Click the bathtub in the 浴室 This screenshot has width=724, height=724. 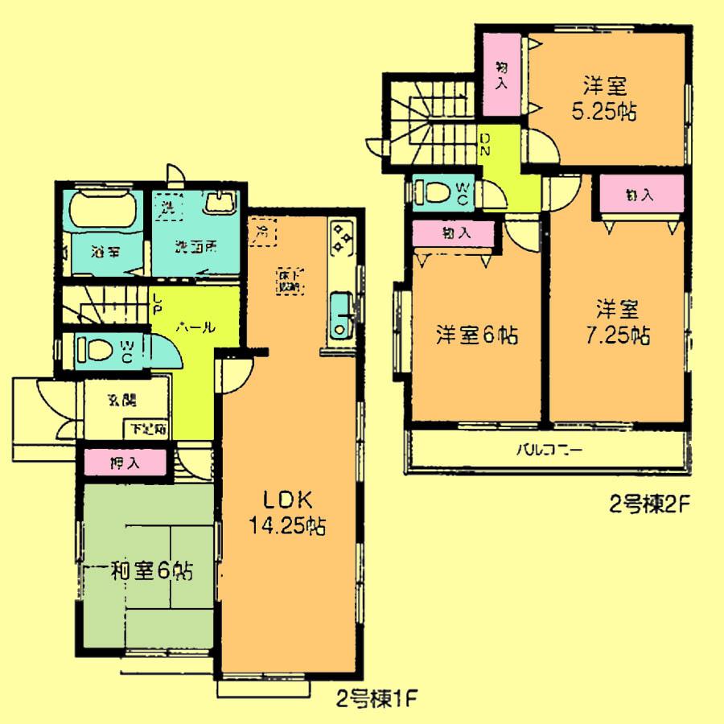pos(102,212)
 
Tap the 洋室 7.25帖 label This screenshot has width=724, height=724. pos(617,320)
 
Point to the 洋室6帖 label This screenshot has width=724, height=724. pos(476,334)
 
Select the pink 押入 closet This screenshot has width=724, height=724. pos(125,463)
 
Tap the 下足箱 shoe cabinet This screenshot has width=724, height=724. pos(145,429)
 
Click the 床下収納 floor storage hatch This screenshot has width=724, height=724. pos(289,279)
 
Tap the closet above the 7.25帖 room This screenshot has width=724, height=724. pos(640,195)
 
